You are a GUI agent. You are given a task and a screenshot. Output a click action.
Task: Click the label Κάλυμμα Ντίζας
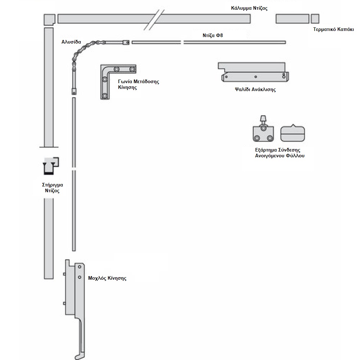tap(249, 9)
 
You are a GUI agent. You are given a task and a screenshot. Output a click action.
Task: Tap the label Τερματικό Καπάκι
tap(333, 30)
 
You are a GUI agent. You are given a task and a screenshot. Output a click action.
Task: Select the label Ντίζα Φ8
tap(213, 35)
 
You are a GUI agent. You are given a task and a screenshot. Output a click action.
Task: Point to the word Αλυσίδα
tap(71, 42)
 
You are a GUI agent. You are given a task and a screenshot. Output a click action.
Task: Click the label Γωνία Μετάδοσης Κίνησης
tap(139, 84)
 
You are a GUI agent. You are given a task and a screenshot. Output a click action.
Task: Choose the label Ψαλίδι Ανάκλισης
tap(255, 90)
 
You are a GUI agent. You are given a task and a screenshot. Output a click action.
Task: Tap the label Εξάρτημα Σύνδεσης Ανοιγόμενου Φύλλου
tap(280, 153)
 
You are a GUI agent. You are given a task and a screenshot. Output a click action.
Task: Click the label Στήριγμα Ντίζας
tap(52, 188)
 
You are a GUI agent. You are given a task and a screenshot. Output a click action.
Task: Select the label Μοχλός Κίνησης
tap(107, 278)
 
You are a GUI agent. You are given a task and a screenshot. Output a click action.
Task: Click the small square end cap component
tap(315, 19)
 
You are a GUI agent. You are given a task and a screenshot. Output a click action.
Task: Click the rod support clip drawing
tap(51, 166)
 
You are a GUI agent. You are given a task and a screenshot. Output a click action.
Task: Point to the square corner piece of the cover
tap(49, 19)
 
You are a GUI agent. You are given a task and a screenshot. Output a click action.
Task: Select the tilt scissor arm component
tap(253, 72)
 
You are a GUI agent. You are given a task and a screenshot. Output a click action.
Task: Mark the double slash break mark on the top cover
tap(154, 20)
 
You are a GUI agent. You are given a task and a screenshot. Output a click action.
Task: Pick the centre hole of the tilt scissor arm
tap(256, 77)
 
